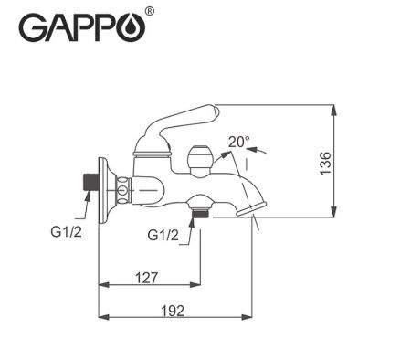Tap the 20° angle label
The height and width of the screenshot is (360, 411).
pos(238,142)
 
